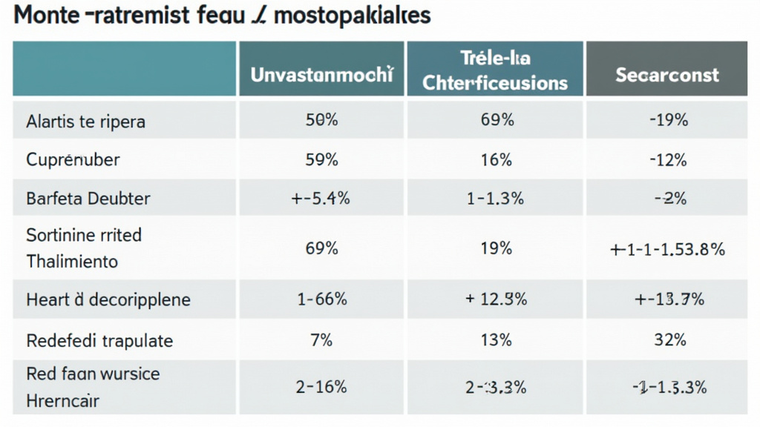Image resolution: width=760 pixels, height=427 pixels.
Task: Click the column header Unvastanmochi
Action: tap(321, 75)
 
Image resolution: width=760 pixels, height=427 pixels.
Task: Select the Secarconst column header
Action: tap(667, 75)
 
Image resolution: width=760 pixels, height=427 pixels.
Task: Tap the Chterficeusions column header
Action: tap(495, 82)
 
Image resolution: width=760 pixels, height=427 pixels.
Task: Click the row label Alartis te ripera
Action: tap(85, 122)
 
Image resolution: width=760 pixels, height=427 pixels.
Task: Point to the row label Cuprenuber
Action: tap(73, 159)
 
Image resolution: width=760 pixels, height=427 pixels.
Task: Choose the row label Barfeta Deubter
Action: tap(88, 198)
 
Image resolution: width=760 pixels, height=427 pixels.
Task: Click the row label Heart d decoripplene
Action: tap(108, 299)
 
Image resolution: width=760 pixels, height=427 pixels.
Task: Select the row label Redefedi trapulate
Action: tap(99, 340)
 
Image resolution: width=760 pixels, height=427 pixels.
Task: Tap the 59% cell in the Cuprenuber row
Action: tap(321, 159)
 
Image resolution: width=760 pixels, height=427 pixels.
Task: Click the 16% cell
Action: tap(495, 159)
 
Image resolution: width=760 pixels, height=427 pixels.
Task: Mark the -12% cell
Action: tap(667, 159)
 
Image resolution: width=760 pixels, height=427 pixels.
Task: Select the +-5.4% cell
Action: tap(321, 198)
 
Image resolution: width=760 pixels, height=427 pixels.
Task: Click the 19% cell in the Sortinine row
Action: tap(495, 248)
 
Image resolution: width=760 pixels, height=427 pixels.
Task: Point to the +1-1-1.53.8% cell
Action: tap(667, 250)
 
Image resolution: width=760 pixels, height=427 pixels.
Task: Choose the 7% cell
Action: tap(321, 340)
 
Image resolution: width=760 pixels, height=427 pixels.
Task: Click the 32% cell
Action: tap(667, 340)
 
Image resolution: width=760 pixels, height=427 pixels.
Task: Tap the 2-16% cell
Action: tap(321, 386)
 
